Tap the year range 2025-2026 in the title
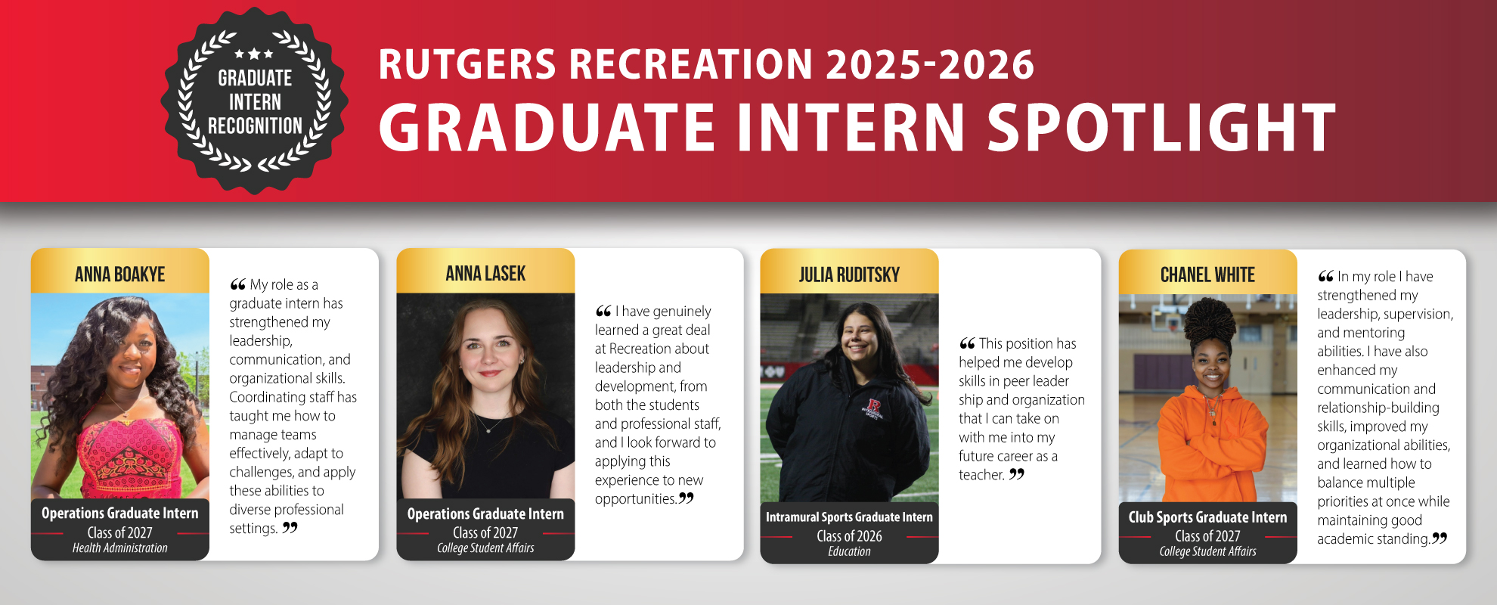pyautogui.click(x=929, y=65)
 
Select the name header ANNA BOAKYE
pyautogui.click(x=119, y=275)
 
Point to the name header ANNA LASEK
pyautogui.click(x=485, y=274)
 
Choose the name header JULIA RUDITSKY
pyautogui.click(x=849, y=275)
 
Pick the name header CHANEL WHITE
pyautogui.click(x=1207, y=275)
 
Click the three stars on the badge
pyautogui.click(x=254, y=54)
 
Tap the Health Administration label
pyautogui.click(x=119, y=548)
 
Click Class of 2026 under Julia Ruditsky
pyautogui.click(x=849, y=535)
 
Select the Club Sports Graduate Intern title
pyautogui.click(x=1207, y=517)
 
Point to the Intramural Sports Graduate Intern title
pyautogui.click(x=849, y=517)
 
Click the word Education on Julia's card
pyautogui.click(x=849, y=551)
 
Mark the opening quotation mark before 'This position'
pyautogui.click(x=967, y=344)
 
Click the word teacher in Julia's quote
pyautogui.click(x=981, y=475)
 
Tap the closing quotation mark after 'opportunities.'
pyautogui.click(x=686, y=498)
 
